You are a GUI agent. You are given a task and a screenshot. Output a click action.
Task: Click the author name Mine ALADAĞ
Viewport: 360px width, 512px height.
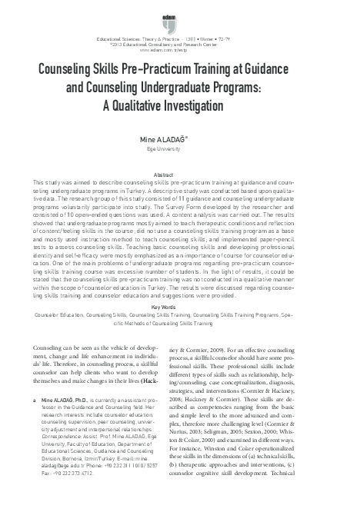pos(178,141)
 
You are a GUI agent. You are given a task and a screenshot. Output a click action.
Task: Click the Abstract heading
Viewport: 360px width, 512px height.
pos(179,175)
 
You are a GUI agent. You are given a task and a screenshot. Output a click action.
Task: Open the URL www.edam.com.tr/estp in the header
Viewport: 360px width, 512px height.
pos(179,51)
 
